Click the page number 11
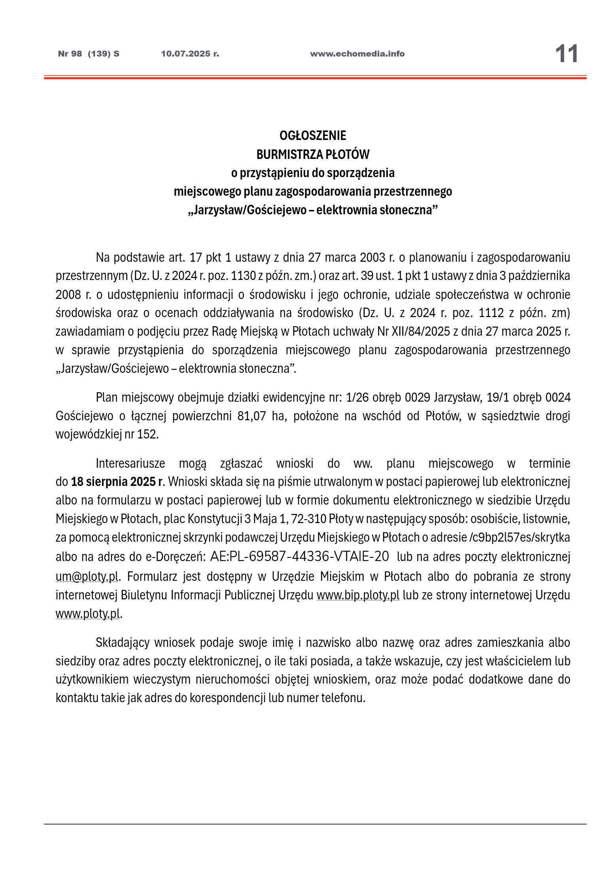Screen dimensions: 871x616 pyautogui.click(x=566, y=54)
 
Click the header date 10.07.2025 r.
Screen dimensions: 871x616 pyautogui.click(x=190, y=54)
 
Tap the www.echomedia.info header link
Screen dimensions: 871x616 pyautogui.click(x=357, y=54)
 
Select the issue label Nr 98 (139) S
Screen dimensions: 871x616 pyautogui.click(x=89, y=54)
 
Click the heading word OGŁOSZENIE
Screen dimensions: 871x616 pyautogui.click(x=312, y=136)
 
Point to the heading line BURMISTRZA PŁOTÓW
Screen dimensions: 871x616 pyautogui.click(x=312, y=154)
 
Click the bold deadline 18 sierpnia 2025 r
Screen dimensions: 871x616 pyautogui.click(x=117, y=482)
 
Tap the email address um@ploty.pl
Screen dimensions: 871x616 pyautogui.click(x=87, y=577)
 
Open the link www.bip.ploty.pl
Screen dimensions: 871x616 pyautogui.click(x=357, y=595)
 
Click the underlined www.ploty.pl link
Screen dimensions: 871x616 pyautogui.click(x=87, y=614)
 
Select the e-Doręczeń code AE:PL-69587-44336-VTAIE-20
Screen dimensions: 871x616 pyautogui.click(x=299, y=557)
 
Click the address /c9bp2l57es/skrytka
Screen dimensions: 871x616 pyautogui.click(x=519, y=538)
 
